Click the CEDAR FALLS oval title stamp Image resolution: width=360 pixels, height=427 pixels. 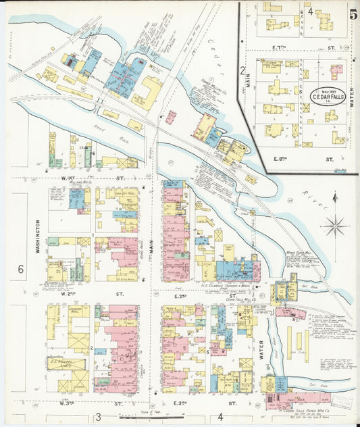coord(328,95)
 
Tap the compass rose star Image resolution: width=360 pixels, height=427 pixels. coord(336,225)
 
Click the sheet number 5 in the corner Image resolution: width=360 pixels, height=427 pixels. coord(353,12)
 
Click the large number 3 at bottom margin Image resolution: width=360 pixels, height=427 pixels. coord(98,417)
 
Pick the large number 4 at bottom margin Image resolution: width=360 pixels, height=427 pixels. coord(220,417)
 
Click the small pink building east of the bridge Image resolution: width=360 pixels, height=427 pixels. coord(171,117)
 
